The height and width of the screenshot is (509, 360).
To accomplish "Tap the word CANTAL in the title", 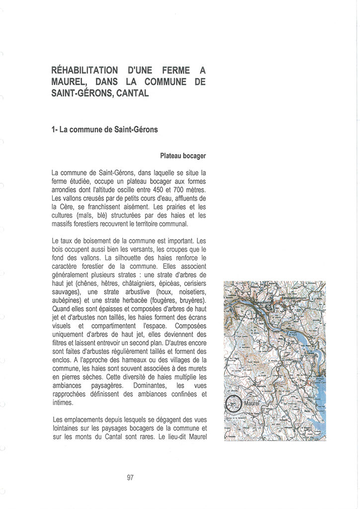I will [130, 93].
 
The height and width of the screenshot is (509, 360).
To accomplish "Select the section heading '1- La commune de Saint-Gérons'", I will [104, 130].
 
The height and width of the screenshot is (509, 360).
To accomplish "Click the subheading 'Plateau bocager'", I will [182, 156].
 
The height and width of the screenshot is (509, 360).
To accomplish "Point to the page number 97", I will [130, 478].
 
